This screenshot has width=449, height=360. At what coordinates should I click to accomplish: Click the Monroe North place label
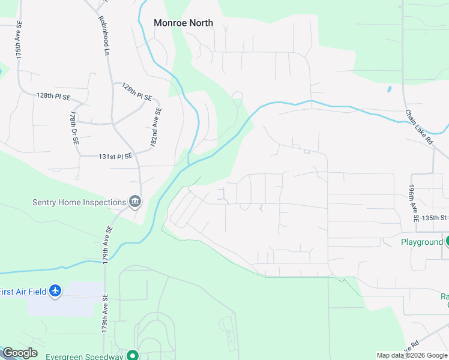pyautogui.click(x=183, y=23)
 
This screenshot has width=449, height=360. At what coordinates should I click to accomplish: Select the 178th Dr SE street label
pyautogui.click(x=74, y=128)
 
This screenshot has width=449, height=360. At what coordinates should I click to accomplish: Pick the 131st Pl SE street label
pyautogui.click(x=115, y=157)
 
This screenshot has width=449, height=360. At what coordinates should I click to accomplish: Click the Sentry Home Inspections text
pyautogui.click(x=79, y=202)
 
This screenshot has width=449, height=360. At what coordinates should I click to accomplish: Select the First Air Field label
pyautogui.click(x=22, y=291)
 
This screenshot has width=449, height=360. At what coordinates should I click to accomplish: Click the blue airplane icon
pyautogui.click(x=56, y=291)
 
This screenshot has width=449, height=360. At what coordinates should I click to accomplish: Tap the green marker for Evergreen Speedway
pyautogui.click(x=133, y=355)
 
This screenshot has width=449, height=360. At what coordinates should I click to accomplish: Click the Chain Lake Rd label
pyautogui.click(x=419, y=127)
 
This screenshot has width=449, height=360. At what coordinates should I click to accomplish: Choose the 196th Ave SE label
pyautogui.click(x=414, y=203)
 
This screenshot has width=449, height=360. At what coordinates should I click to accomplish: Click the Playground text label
pyautogui.click(x=421, y=242)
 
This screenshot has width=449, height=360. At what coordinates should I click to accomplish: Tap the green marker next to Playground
pyautogui.click(x=447, y=241)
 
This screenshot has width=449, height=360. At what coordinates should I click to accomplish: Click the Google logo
pyautogui.click(x=20, y=353)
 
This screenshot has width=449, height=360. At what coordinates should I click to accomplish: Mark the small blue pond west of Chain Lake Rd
pyautogui.click(x=389, y=89)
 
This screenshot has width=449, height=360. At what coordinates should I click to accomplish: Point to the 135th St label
pyautogui.click(x=435, y=218)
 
